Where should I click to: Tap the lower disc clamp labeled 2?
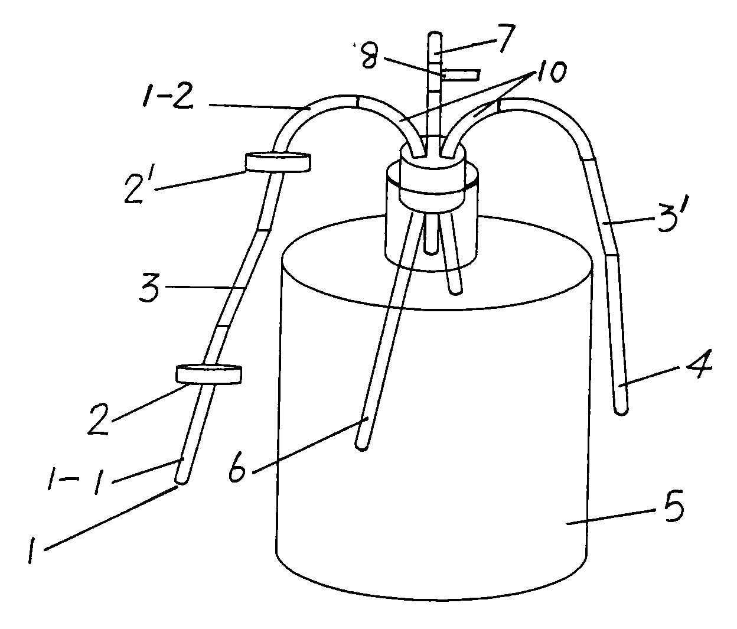click(209, 374)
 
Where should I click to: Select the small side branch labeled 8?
click(461, 75)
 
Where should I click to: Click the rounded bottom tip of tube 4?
click(621, 409)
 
